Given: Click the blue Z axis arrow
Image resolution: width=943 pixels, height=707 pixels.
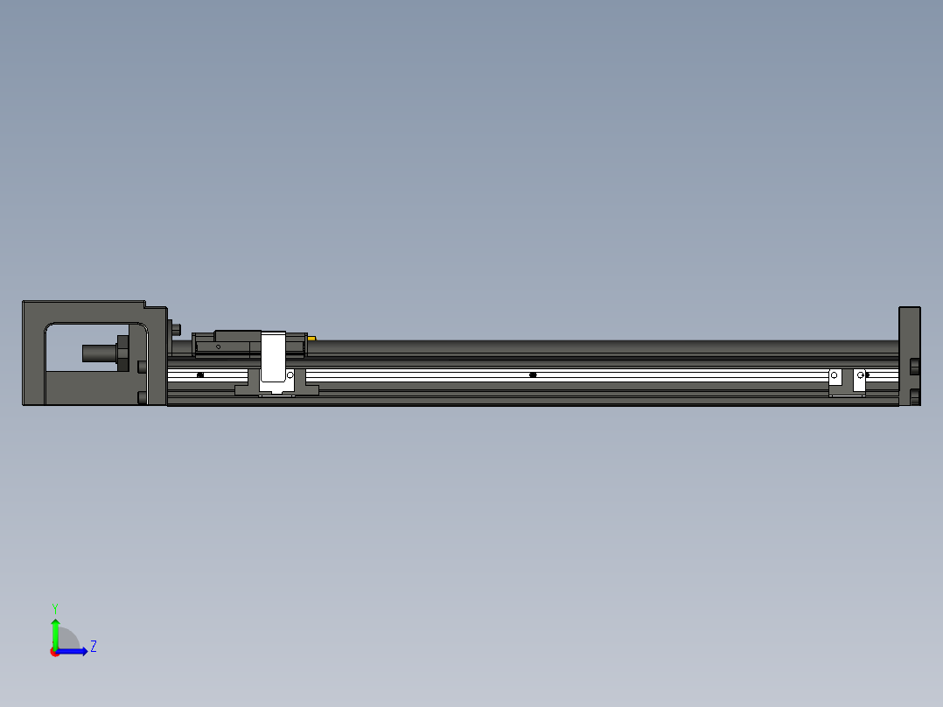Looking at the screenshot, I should pyautogui.click(x=75, y=651).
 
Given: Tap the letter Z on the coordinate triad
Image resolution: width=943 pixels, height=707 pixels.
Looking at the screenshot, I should pyautogui.click(x=93, y=647).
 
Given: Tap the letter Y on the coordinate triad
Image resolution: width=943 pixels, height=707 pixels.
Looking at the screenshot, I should pyautogui.click(x=54, y=607).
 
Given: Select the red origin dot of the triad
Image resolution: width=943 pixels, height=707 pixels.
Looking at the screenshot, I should pyautogui.click(x=55, y=652).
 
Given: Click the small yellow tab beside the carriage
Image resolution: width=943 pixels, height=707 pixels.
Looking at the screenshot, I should pyautogui.click(x=311, y=338).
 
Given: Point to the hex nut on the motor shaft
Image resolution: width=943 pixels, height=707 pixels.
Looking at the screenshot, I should pyautogui.click(x=122, y=353).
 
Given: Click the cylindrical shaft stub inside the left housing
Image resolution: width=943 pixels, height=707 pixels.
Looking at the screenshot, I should pyautogui.click(x=98, y=353).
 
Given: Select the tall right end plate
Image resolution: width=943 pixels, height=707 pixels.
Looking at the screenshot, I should pyautogui.click(x=909, y=332).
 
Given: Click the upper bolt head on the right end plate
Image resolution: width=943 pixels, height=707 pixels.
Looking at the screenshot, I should pyautogui.click(x=914, y=365).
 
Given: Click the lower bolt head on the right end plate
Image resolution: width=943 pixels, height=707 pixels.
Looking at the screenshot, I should pyautogui.click(x=914, y=396).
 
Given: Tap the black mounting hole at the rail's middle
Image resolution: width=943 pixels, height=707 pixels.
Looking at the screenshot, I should pyautogui.click(x=533, y=374).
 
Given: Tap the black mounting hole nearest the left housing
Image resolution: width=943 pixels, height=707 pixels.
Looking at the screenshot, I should pyautogui.click(x=200, y=374).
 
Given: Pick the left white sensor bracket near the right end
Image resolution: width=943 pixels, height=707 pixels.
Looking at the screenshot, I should pyautogui.click(x=835, y=380).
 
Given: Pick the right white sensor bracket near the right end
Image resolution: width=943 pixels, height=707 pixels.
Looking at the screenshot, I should pyautogui.click(x=859, y=380).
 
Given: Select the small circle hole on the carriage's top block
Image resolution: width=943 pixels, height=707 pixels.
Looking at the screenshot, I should pyautogui.click(x=218, y=346).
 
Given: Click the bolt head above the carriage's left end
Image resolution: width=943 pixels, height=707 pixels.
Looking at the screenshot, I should pyautogui.click(x=177, y=330).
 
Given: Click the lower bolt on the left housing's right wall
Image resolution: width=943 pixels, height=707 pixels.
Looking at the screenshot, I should pyautogui.click(x=142, y=398).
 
